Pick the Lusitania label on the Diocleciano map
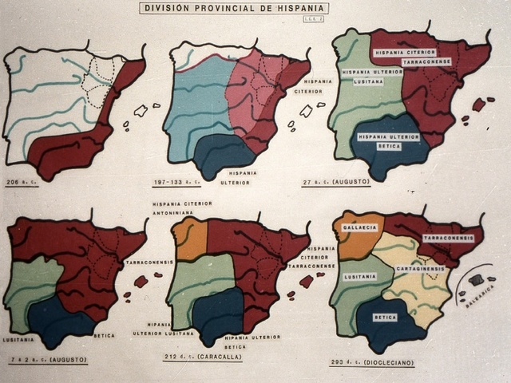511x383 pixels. pos(359,275)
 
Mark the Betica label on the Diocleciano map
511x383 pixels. pos(386,316)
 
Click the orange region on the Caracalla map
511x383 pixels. pos(191,239)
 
